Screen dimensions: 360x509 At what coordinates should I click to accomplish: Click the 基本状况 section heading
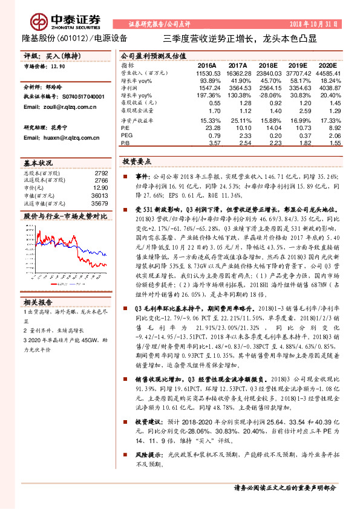tap(39, 163)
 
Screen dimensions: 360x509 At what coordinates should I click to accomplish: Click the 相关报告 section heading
tap(39, 302)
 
